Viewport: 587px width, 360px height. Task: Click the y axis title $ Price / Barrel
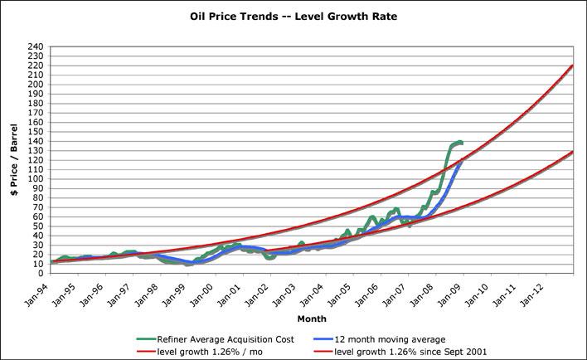pyautogui.click(x=14, y=160)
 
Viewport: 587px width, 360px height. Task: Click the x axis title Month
pyautogui.click(x=311, y=318)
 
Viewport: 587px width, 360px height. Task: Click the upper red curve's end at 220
pyautogui.click(x=573, y=66)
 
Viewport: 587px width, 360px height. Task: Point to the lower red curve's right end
pyautogui.click(x=573, y=153)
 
